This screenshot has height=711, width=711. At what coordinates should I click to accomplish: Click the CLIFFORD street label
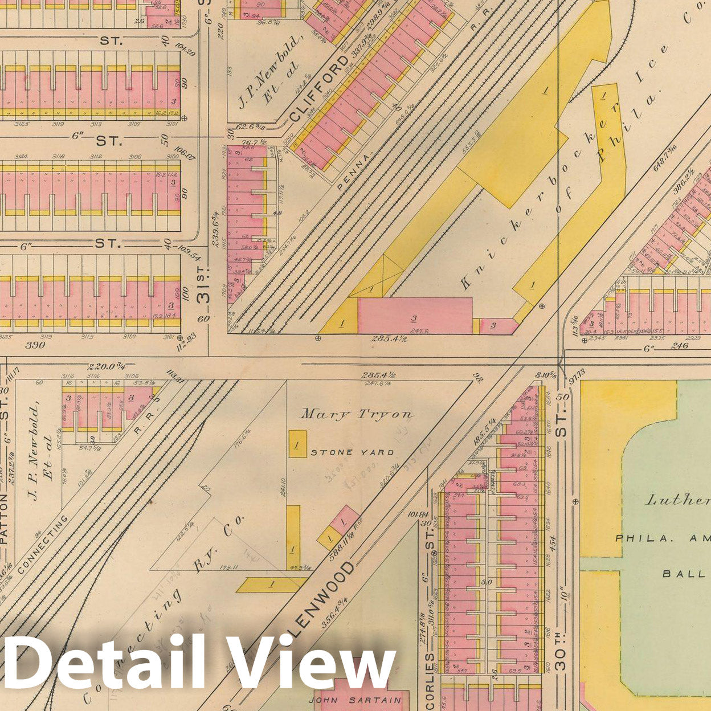click(311, 93)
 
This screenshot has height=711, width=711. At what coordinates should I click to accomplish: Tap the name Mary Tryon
click(357, 414)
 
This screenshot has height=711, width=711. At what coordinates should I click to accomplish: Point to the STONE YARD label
click(352, 452)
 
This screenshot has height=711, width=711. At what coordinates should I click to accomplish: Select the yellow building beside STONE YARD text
click(298, 442)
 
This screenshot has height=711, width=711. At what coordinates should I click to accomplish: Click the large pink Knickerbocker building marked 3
click(415, 315)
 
